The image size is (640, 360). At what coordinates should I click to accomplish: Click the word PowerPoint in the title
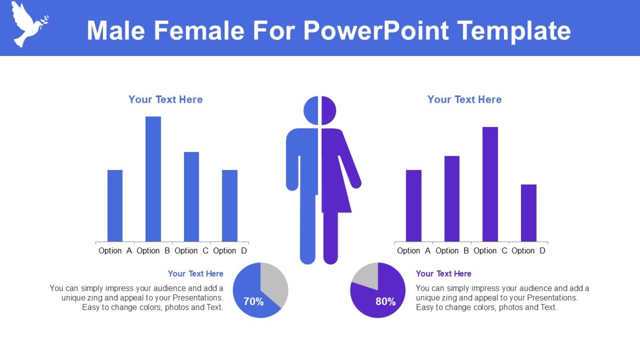[x=375, y=30]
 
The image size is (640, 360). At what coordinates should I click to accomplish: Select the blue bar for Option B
[x=153, y=179]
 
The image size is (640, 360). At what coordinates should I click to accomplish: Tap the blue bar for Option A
[x=115, y=205]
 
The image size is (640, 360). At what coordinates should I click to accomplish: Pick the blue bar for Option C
[x=191, y=196]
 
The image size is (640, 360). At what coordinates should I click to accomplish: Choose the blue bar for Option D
[x=230, y=205]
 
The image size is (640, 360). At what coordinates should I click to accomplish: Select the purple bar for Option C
[x=490, y=184]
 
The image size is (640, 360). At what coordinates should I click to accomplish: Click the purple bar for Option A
[x=413, y=205]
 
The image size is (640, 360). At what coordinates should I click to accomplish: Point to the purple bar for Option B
[x=452, y=198]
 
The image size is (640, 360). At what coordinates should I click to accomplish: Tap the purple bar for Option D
[x=529, y=213]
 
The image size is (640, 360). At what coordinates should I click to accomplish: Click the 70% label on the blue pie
[x=253, y=301]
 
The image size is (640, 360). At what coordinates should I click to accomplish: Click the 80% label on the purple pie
[x=386, y=301]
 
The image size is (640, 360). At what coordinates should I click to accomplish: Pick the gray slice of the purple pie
[x=367, y=274]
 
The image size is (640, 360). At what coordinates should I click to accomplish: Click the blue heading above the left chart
[x=165, y=99]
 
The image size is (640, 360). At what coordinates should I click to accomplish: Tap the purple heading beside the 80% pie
[x=443, y=274]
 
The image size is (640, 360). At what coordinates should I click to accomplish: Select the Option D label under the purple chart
[x=529, y=251]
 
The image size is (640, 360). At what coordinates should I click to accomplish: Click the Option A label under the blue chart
[x=115, y=251]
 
